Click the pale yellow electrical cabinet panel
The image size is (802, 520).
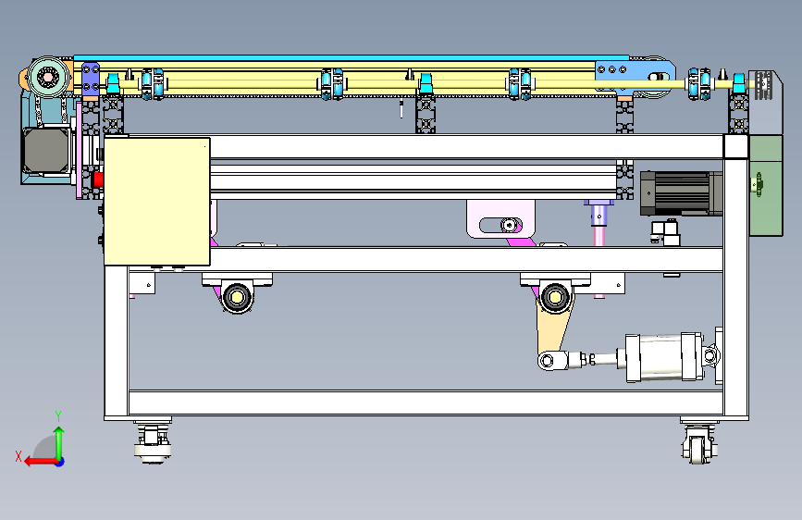click(157, 201)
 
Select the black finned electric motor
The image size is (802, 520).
click(681, 193)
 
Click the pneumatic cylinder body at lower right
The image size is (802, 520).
click(665, 357)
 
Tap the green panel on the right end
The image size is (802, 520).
click(766, 185)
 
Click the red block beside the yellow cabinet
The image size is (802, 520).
click(98, 180)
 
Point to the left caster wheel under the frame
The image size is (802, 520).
click(153, 443)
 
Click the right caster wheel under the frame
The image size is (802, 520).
click(698, 444)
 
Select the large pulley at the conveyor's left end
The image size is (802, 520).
click(49, 78)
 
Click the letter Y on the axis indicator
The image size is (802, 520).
click(58, 415)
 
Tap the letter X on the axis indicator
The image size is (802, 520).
click(19, 456)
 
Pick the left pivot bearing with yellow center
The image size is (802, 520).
click(238, 296)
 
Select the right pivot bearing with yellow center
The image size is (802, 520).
click(555, 297)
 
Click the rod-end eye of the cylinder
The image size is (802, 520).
click(547, 361)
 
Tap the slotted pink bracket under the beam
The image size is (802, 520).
click(500, 219)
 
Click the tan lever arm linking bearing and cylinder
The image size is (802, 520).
click(553, 328)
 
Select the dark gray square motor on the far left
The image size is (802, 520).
click(46, 151)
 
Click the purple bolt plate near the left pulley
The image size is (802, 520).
click(91, 79)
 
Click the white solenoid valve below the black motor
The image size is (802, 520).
click(665, 232)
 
